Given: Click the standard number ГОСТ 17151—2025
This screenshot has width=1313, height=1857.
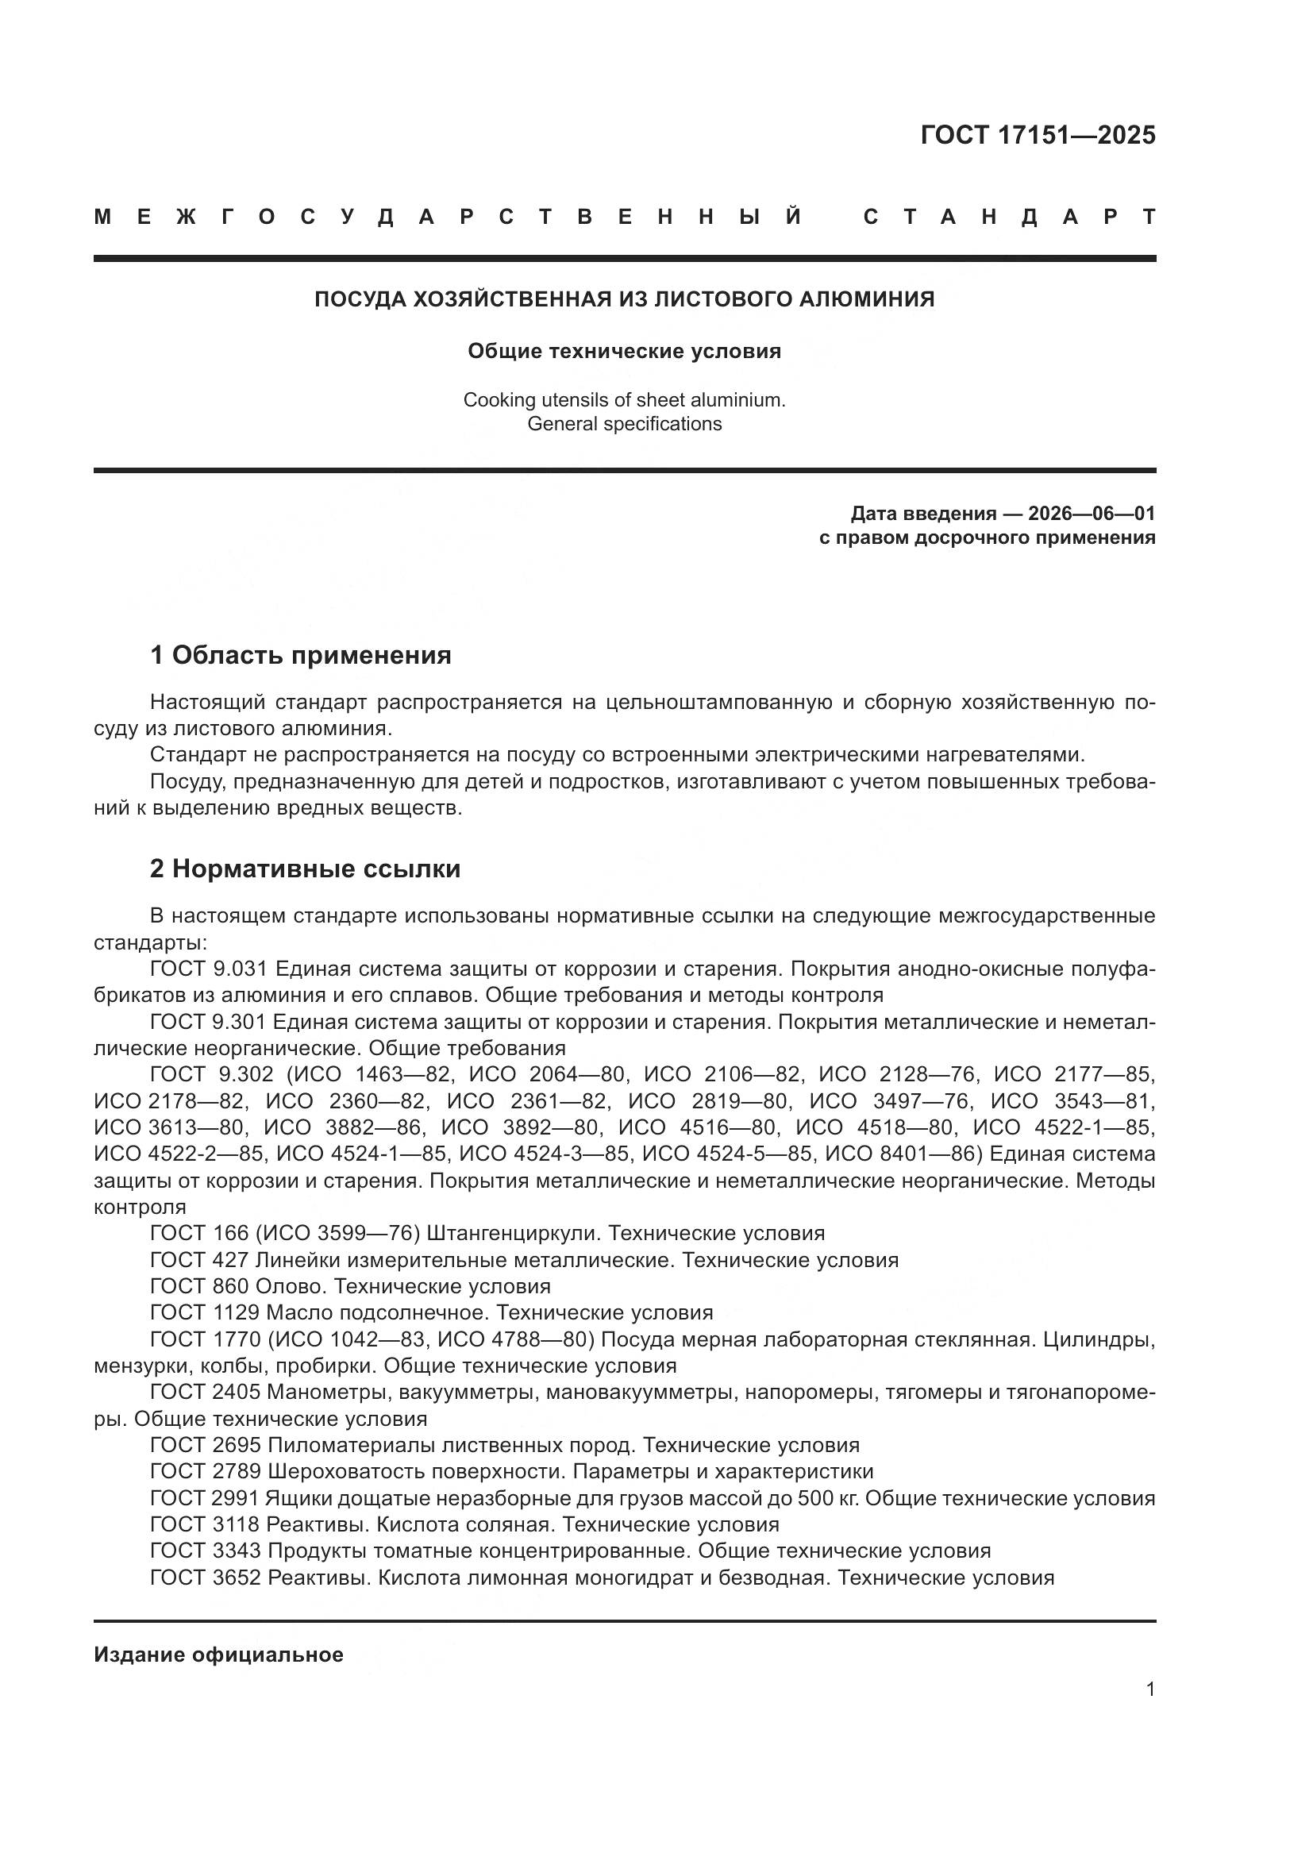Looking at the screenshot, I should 1038,135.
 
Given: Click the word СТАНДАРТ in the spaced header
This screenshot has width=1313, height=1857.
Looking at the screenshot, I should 1009,217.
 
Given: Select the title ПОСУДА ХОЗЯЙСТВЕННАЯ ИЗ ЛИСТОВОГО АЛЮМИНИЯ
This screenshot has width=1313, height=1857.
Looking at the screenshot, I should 623,299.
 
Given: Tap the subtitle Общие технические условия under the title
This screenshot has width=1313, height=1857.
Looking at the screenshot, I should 623,351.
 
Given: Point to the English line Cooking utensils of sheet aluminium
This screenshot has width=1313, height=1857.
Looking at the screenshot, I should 623,399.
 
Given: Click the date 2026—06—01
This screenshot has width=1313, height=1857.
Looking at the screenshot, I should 1091,513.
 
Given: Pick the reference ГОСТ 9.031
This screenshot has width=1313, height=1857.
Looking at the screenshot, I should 209,968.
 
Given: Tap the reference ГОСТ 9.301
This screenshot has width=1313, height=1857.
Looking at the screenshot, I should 209,1022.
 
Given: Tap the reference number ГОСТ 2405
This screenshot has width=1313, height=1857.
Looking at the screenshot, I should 205,1391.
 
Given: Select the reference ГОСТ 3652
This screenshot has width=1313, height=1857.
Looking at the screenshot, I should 205,1578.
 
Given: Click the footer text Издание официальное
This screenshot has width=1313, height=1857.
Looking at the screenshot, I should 218,1654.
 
